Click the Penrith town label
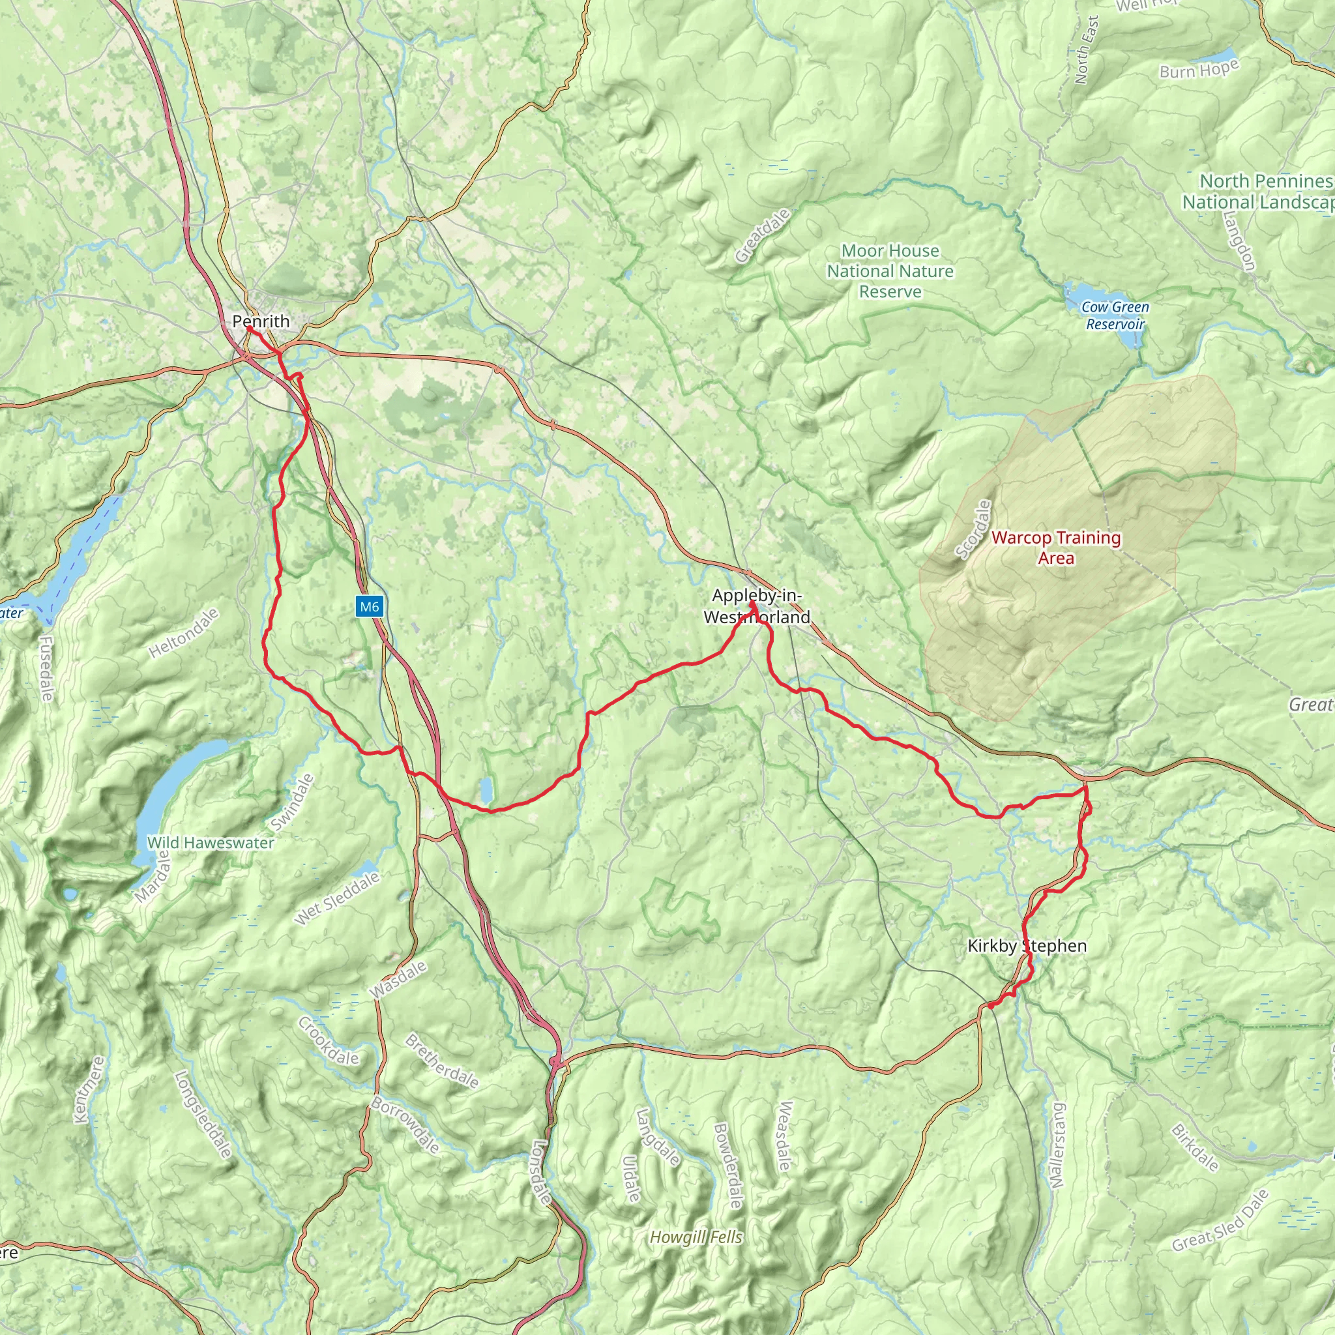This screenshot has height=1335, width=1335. click(x=261, y=321)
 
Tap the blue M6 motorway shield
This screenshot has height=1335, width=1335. click(x=369, y=607)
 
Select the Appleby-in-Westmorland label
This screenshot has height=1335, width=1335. click(x=757, y=606)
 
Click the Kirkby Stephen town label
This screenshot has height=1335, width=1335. click(x=1027, y=946)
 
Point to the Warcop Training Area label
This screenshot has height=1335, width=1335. click(x=1056, y=548)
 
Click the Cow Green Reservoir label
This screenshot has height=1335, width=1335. click(x=1115, y=315)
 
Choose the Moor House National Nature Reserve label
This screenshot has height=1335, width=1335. click(x=890, y=271)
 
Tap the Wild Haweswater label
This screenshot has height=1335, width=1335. click(x=210, y=843)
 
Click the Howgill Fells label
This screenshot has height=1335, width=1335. click(x=696, y=1237)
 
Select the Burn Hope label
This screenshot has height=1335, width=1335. click(x=1199, y=69)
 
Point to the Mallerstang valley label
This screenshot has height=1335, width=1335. click(x=1058, y=1145)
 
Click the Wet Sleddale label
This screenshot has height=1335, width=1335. click(x=336, y=898)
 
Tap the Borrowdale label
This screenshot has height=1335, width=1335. click(x=405, y=1125)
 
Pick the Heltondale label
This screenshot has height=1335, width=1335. click(x=184, y=632)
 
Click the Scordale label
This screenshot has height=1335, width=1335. click(x=973, y=529)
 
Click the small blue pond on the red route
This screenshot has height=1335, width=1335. click(x=486, y=789)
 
